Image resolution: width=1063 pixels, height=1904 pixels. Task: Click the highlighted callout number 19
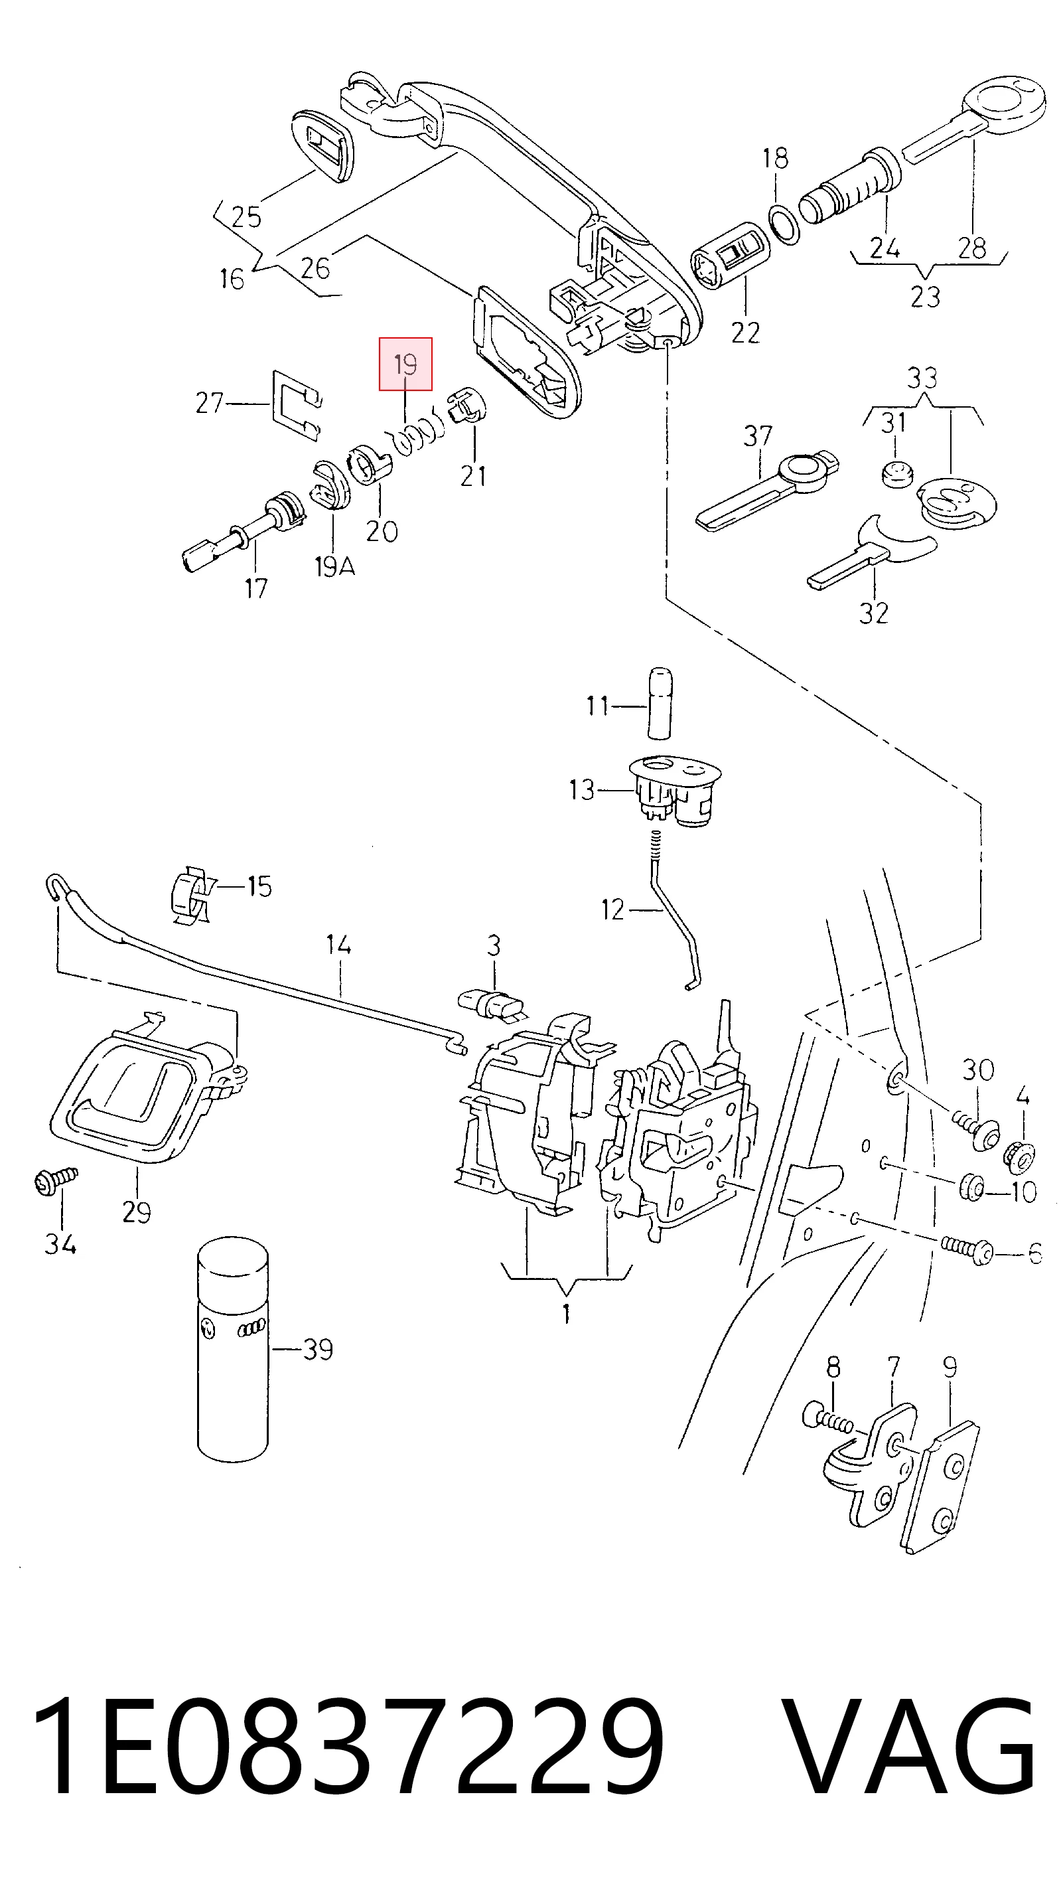coord(405,364)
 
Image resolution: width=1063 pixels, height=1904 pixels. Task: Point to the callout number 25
coord(246,216)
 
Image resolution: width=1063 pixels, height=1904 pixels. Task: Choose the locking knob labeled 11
coord(660,702)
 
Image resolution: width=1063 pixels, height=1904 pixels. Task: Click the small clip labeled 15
coord(190,896)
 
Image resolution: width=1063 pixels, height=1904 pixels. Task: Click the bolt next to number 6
coord(967,1250)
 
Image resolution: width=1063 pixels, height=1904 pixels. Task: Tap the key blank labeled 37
coord(768,488)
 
